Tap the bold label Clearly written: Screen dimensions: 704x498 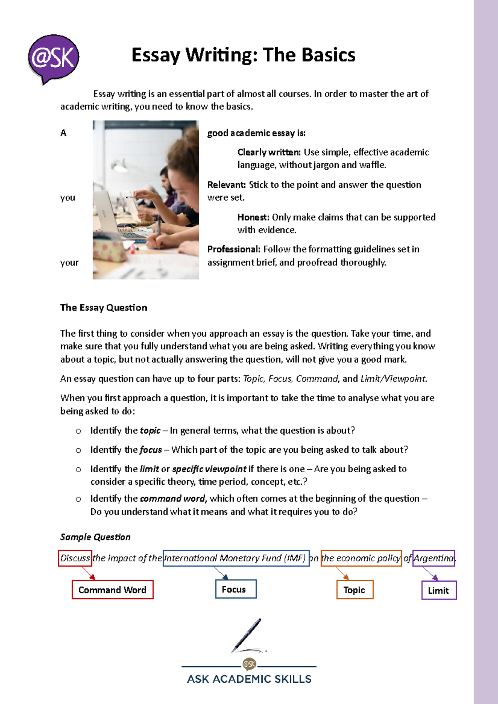tap(269, 152)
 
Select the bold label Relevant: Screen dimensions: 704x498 tap(227, 185)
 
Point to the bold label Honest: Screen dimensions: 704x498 tap(253, 217)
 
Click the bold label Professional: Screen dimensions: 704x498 tap(234, 249)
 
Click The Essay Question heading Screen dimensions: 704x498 tap(104, 308)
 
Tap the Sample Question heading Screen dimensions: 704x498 tap(95, 537)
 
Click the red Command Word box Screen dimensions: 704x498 tap(112, 590)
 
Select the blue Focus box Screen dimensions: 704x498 tap(236, 589)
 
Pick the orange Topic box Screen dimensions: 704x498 tap(355, 590)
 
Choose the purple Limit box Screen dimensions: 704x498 tap(439, 590)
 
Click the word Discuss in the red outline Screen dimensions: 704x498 tap(75, 558)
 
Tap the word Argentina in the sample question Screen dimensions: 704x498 tap(434, 558)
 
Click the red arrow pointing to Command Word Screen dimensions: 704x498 tap(89, 573)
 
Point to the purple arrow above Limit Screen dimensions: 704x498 tap(430, 574)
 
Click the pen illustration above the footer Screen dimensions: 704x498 tap(247, 636)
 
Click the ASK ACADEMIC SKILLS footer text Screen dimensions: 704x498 tap(249, 679)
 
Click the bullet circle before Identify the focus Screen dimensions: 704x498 tap(78, 450)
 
